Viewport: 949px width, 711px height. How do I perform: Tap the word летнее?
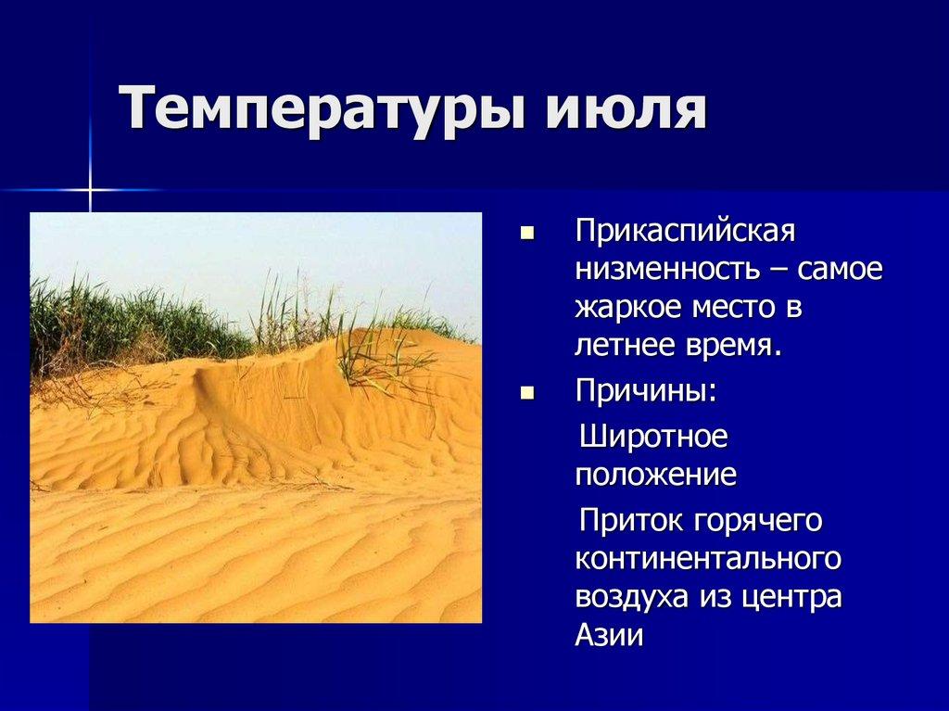tap(626, 347)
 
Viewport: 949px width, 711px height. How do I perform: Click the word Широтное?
tap(654, 436)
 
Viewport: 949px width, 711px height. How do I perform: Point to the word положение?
tap(656, 476)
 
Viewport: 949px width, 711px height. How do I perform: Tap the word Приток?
tap(630, 520)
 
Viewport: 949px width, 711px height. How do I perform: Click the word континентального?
tap(708, 559)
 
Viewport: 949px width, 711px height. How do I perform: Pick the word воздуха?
tap(630, 597)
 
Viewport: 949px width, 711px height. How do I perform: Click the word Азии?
tap(609, 636)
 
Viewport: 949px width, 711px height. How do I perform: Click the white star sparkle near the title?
tap(91, 190)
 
